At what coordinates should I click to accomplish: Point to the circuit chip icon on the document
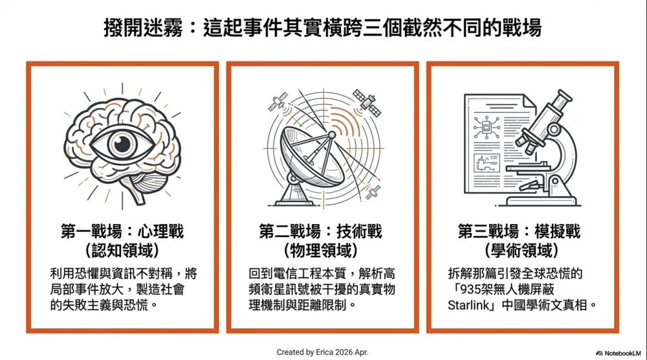click(487, 128)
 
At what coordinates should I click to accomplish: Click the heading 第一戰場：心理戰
click(122, 232)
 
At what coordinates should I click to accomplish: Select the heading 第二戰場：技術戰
click(321, 232)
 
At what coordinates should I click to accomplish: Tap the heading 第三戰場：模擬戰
click(519, 232)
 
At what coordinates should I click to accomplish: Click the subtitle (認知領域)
click(122, 251)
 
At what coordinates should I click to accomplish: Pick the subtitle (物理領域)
click(321, 251)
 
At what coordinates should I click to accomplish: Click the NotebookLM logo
click(619, 354)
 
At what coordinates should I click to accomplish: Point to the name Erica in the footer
click(325, 352)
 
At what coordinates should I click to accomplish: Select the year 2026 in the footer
click(344, 352)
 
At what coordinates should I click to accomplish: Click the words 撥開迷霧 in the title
click(143, 28)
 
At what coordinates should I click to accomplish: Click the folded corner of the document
click(529, 101)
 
